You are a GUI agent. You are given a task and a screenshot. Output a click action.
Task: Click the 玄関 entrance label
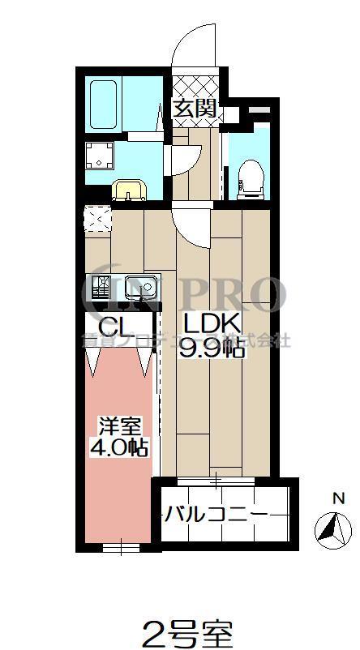195,108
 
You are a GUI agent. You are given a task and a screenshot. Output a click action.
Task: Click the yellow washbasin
130,190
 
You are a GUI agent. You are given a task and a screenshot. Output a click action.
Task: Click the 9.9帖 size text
213,351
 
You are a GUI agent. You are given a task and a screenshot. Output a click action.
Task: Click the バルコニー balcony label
216,514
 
